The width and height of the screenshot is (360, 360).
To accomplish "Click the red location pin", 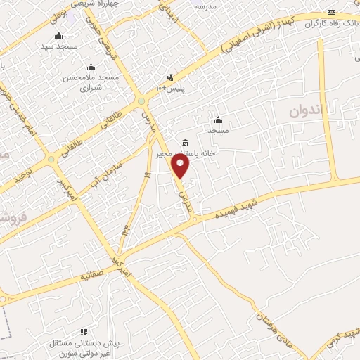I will tap(181, 167).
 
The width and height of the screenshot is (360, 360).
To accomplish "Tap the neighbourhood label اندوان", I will tap(309, 110).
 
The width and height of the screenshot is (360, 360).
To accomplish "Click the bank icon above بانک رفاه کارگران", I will tap(332, 13).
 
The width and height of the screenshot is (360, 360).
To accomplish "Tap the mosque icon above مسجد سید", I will tap(58, 36).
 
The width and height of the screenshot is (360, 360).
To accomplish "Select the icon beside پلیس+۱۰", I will tap(170, 77).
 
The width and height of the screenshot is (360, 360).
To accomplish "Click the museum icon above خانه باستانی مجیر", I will tap(185, 143).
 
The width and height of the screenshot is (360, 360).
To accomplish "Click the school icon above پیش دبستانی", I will tap(84, 331).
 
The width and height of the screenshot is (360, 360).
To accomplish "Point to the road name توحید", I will tap(26, 169).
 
